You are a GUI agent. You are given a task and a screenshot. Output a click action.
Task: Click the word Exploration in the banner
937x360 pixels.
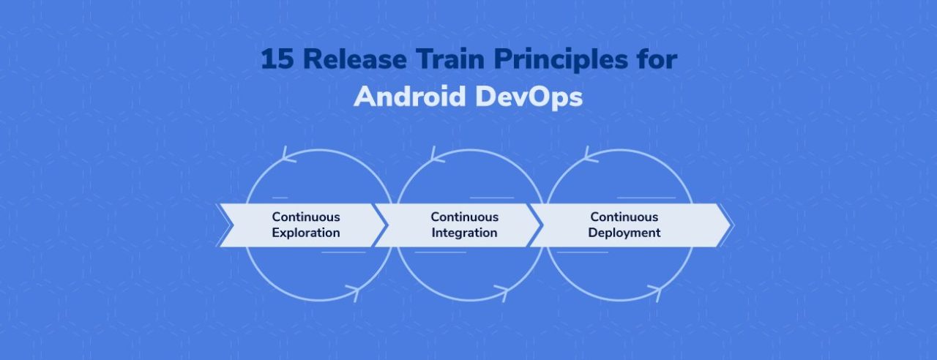pyautogui.click(x=306, y=233)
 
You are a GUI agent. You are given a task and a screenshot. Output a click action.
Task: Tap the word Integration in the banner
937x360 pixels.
pyautogui.click(x=464, y=233)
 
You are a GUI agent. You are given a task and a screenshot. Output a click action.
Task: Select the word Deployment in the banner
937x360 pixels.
pyautogui.click(x=624, y=233)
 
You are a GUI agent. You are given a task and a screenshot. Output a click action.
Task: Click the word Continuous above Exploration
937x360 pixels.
pyautogui.click(x=306, y=217)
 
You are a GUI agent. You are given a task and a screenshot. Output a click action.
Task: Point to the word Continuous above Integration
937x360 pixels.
pyautogui.click(x=464, y=217)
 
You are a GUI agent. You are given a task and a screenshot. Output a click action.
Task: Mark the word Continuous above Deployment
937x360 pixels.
pyautogui.click(x=624, y=217)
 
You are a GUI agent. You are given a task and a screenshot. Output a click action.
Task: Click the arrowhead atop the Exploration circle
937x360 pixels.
pyautogui.click(x=286, y=154)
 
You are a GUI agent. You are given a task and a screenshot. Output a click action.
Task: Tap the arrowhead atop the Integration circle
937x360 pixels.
pyautogui.click(x=435, y=154)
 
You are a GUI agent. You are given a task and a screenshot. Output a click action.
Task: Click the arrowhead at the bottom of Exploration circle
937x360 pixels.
pyautogui.click(x=351, y=293)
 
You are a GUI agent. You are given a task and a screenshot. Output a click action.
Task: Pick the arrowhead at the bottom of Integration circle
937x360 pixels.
pyautogui.click(x=502, y=293)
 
